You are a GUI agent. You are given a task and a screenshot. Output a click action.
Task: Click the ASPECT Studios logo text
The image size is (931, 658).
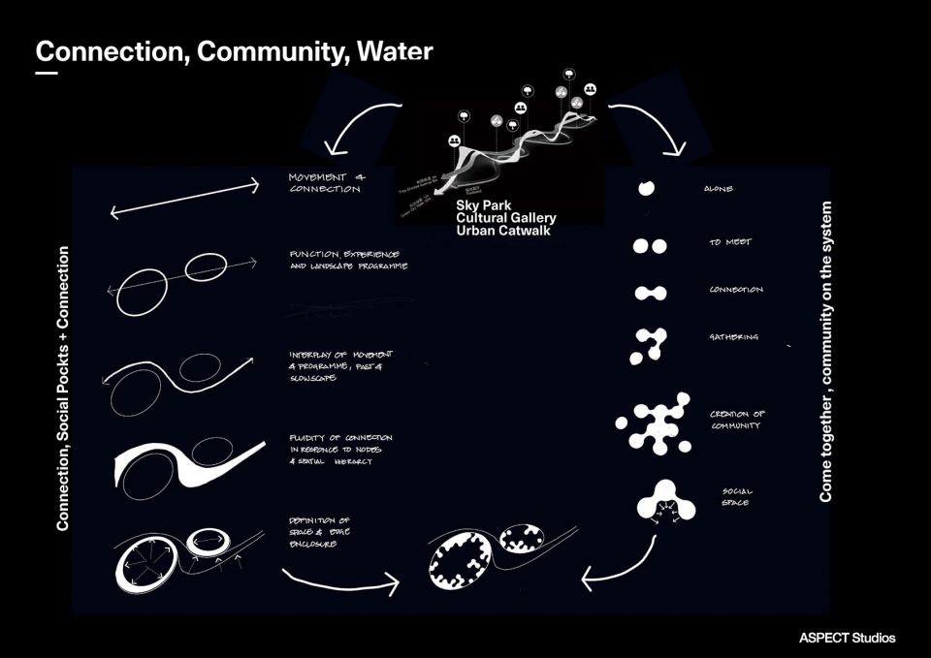tap(847, 638)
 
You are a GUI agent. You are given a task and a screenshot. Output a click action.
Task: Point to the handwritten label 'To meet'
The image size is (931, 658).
tap(729, 242)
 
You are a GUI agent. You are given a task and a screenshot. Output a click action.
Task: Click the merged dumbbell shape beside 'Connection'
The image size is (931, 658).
tap(650, 293)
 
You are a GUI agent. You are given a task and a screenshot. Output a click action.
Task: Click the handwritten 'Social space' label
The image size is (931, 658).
tap(735, 496)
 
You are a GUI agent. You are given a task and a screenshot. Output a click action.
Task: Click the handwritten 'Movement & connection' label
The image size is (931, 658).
tap(324, 183)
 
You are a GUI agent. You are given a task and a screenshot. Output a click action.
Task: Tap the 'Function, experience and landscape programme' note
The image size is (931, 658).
tap(348, 260)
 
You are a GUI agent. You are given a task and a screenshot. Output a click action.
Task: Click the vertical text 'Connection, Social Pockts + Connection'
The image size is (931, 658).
tap(63, 388)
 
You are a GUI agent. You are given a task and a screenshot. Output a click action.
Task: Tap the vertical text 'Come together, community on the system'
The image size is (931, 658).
tap(826, 351)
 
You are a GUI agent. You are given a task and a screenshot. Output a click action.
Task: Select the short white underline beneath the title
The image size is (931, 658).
tap(47, 74)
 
